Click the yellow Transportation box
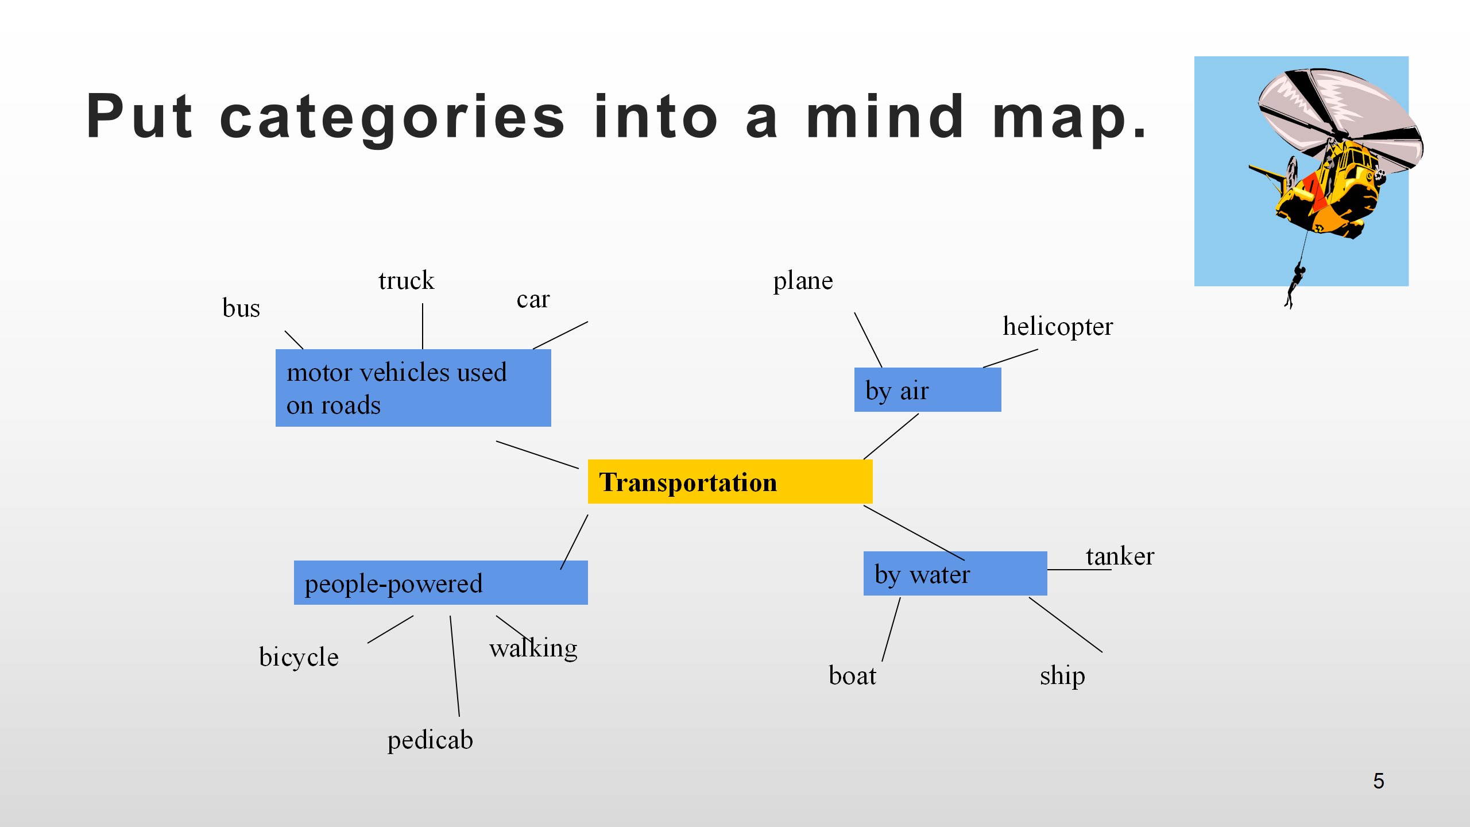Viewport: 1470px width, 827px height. point(729,481)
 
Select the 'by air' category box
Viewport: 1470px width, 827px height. point(927,390)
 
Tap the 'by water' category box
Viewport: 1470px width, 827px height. point(954,573)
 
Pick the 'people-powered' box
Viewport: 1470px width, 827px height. point(440,582)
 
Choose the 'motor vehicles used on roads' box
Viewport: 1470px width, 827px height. point(412,388)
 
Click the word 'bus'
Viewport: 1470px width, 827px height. point(241,308)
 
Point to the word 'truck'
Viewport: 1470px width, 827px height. point(406,281)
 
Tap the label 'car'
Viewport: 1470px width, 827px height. point(533,299)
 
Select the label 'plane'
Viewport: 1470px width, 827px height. point(803,281)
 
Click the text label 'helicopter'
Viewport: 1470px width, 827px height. point(1058,327)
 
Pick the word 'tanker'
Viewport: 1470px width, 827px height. point(1120,556)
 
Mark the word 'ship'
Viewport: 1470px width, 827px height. point(1062,676)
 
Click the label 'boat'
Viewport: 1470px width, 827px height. point(852,676)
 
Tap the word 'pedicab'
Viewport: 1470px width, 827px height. point(430,740)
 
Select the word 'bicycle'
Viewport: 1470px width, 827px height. point(299,657)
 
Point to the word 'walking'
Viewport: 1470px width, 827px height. point(533,648)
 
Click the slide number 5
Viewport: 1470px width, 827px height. point(1378,781)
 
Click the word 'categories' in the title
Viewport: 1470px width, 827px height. point(393,117)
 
